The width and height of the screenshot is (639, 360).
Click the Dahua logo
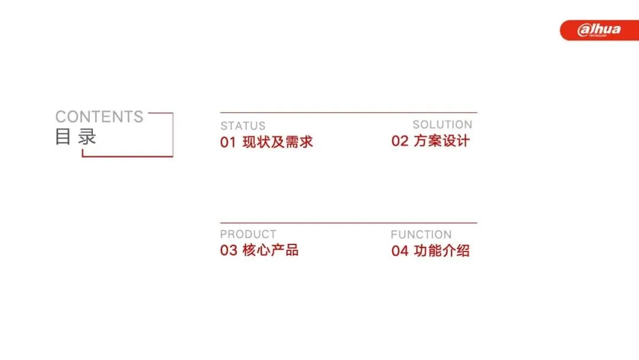pos(599,30)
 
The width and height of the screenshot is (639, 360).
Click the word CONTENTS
pos(99,117)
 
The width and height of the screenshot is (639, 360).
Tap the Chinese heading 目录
pos(76,136)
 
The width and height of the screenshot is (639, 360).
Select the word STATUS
pos(243,126)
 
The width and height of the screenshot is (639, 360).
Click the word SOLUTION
pos(443,124)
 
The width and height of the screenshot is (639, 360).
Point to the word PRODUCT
pos(248,234)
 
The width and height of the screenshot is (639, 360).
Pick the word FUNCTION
pos(421,234)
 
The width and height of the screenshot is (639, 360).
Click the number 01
pos(228,142)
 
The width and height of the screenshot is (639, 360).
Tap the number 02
pos(400,141)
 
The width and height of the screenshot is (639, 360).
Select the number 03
pos(228,250)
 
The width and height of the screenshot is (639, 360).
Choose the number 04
pos(400,250)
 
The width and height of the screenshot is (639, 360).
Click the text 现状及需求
pos(277,142)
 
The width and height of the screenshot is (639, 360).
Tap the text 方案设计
pos(442,141)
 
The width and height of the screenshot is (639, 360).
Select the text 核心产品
pos(270,250)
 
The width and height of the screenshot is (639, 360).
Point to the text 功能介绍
pos(442,250)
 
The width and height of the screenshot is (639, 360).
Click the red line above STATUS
pos(348,112)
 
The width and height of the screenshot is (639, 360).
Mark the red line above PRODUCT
pos(348,223)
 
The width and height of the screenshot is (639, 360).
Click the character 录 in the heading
pos(87,137)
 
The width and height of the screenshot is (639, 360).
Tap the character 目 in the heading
pos(63,137)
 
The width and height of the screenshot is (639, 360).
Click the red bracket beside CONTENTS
pos(173,134)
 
